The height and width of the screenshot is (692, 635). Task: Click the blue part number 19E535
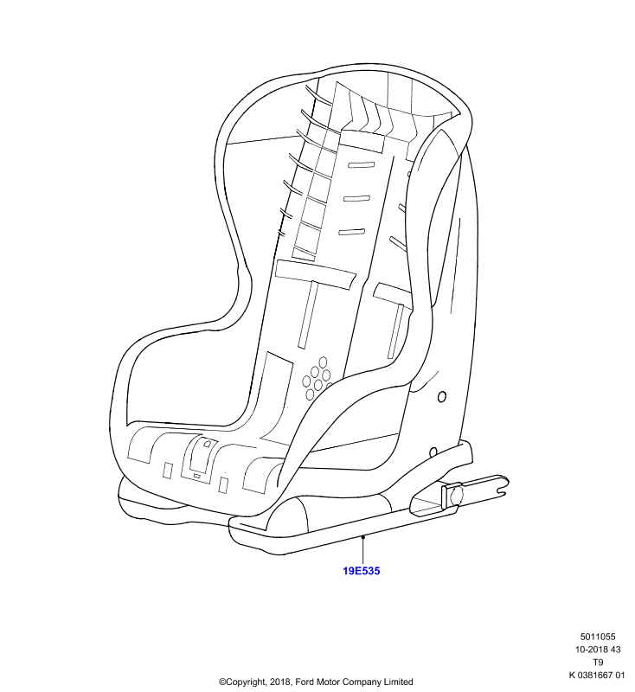(361, 571)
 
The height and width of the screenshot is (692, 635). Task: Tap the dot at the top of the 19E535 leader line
(362, 536)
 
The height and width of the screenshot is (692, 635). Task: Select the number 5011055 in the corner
(598, 637)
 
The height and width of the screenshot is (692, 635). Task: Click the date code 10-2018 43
(598, 650)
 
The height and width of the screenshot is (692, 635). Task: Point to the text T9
(598, 662)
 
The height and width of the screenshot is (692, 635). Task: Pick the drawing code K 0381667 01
(597, 675)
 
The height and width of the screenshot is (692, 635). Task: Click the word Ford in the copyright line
(305, 682)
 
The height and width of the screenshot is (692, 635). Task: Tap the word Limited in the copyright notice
(398, 682)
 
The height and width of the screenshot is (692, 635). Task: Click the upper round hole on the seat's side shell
(442, 396)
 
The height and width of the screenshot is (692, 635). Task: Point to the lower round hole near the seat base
(433, 452)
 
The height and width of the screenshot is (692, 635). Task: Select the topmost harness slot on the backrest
(361, 165)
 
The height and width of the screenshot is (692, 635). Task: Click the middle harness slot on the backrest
(356, 198)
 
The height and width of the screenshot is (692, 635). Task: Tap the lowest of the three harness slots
(352, 232)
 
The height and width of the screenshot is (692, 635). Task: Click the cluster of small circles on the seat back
(317, 379)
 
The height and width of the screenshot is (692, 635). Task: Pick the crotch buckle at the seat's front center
(202, 459)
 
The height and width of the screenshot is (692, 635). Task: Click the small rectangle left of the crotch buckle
(168, 470)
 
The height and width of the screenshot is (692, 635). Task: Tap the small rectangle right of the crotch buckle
(223, 484)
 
